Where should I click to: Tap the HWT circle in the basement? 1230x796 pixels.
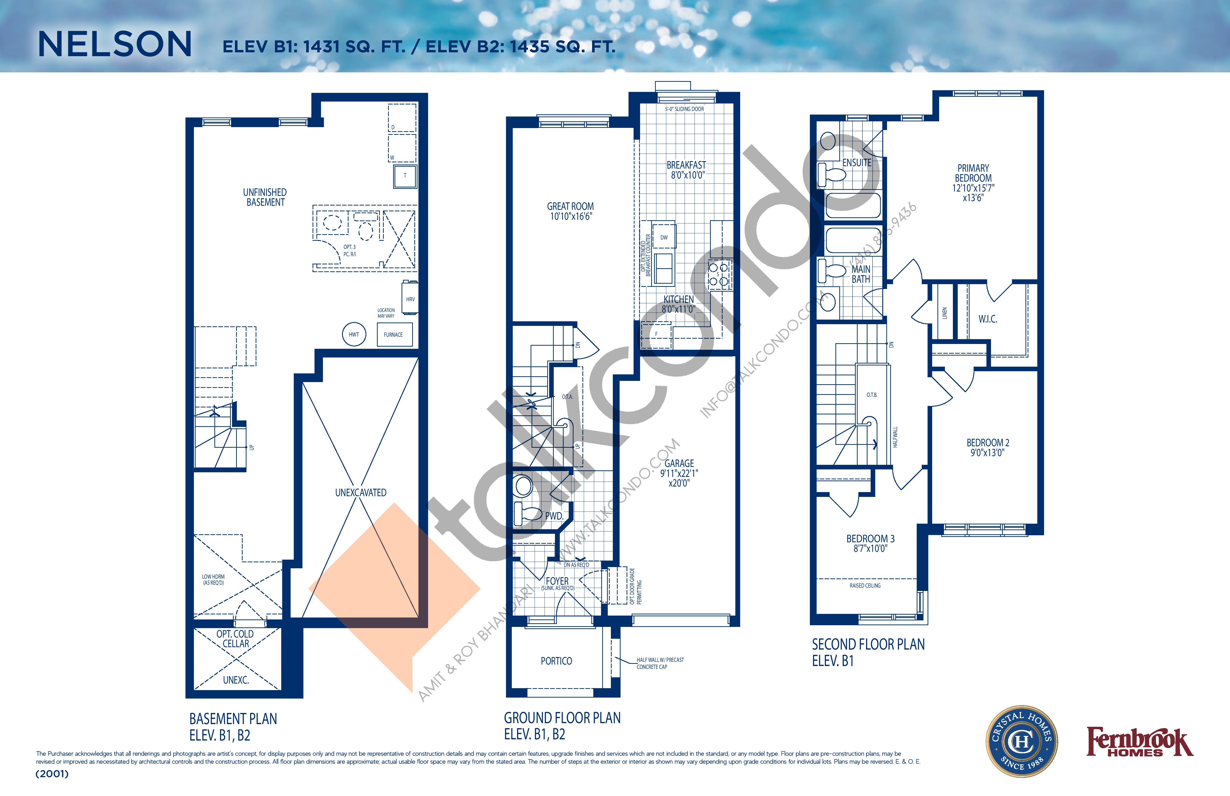pyautogui.click(x=354, y=334)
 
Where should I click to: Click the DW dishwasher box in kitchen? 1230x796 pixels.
pyautogui.click(x=663, y=237)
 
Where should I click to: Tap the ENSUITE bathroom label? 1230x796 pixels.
pyautogui.click(x=857, y=162)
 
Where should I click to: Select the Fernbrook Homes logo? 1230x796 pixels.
pyautogui.click(x=1139, y=743)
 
